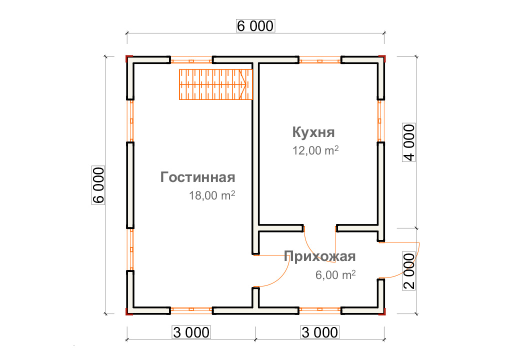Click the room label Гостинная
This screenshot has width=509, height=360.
pos(197,177)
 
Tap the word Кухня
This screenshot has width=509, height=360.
pos(313,132)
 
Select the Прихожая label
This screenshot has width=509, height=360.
pos(319,256)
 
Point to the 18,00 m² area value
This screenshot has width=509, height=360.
pos(212,195)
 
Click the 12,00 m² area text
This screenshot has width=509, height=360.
pos(315,150)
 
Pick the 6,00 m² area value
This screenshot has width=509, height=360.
pos(335,275)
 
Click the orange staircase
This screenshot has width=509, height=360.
pos(216,84)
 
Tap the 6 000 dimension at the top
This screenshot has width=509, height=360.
pos(255,26)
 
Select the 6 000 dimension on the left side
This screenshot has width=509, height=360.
pos(98,185)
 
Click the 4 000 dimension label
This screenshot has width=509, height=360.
pos(409,142)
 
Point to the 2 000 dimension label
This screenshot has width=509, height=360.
pos(409,270)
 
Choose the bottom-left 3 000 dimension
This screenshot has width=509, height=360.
pos(191,332)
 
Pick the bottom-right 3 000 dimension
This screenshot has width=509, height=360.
pos(319,332)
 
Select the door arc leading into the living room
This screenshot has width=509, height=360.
pos(281,276)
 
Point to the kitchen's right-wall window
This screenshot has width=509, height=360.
pos(380,121)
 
